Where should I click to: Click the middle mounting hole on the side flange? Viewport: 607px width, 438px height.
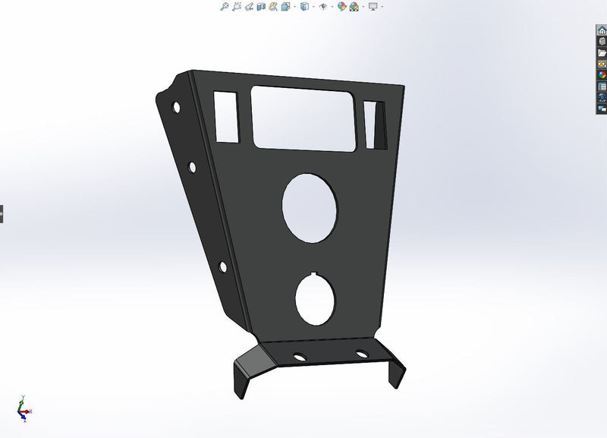coord(192,166)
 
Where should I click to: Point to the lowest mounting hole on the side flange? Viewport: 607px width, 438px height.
coord(223,266)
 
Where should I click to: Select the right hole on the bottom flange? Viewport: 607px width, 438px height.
coord(361,354)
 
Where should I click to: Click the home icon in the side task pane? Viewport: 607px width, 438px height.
coord(602,30)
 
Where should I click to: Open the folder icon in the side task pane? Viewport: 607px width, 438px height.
coord(602,53)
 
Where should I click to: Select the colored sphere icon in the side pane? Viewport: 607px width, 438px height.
coord(602,75)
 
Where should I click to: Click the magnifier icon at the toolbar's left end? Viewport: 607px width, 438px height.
coord(224,6)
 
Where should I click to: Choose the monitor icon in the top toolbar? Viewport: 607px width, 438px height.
coord(373,6)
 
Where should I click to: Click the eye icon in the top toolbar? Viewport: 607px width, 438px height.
coord(323,6)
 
